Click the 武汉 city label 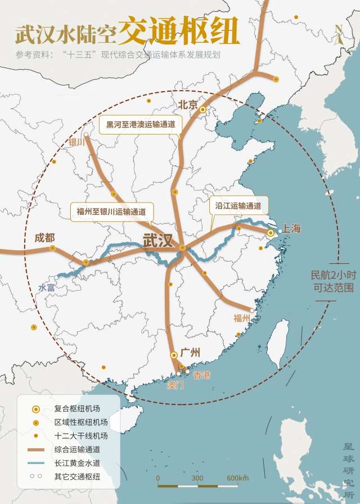click(158, 240)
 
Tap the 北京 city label click(188, 104)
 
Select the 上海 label click(292, 228)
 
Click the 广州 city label click(191, 353)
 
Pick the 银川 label click(76, 142)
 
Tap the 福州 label click(242, 318)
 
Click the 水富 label click(47, 287)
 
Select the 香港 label click(201, 375)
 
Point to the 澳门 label click(175, 385)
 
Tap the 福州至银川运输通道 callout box click(111, 211)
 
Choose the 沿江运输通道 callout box click(238, 206)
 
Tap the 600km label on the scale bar click(237, 478)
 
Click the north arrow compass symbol click(337, 34)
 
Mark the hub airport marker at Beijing click(202, 110)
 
